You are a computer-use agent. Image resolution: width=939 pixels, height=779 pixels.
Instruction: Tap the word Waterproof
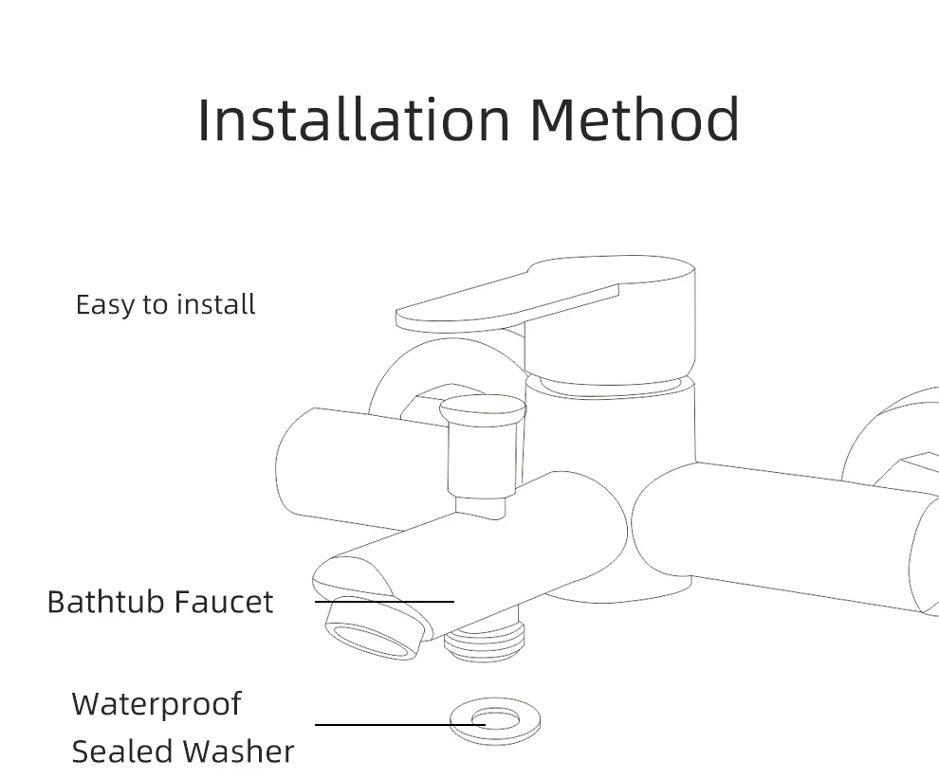156,704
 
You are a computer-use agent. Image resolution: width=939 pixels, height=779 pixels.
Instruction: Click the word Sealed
121,752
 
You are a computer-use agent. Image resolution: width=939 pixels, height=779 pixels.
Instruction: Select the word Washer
238,752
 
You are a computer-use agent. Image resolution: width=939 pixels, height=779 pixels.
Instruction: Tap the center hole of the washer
496,719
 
